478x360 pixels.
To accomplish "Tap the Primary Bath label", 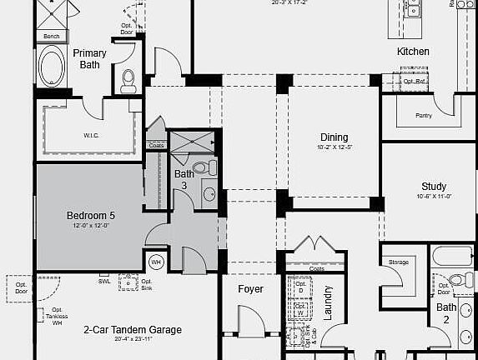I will pos(89,58).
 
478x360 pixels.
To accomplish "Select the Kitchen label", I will pos(413,52).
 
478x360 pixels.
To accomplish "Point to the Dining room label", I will pos(334,137).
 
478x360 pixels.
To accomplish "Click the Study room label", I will pos(434,187).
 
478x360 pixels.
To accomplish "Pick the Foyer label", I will pos(250,289).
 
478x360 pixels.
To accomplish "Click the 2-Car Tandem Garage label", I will pos(132,330).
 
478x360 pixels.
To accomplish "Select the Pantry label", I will pos(423,116).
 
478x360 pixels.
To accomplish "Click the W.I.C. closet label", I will pos(92,135).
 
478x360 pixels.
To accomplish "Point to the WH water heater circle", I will pos(155,262).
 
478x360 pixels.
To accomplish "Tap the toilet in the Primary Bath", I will pos(128,79).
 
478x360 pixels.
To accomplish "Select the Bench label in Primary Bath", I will pos(52,37).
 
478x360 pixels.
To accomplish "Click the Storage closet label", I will pos(399,262).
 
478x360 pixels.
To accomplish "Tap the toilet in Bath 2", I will pos(455,280).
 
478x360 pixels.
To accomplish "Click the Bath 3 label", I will pos(184,179).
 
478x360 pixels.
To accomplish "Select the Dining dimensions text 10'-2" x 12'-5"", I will pos(334,147).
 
